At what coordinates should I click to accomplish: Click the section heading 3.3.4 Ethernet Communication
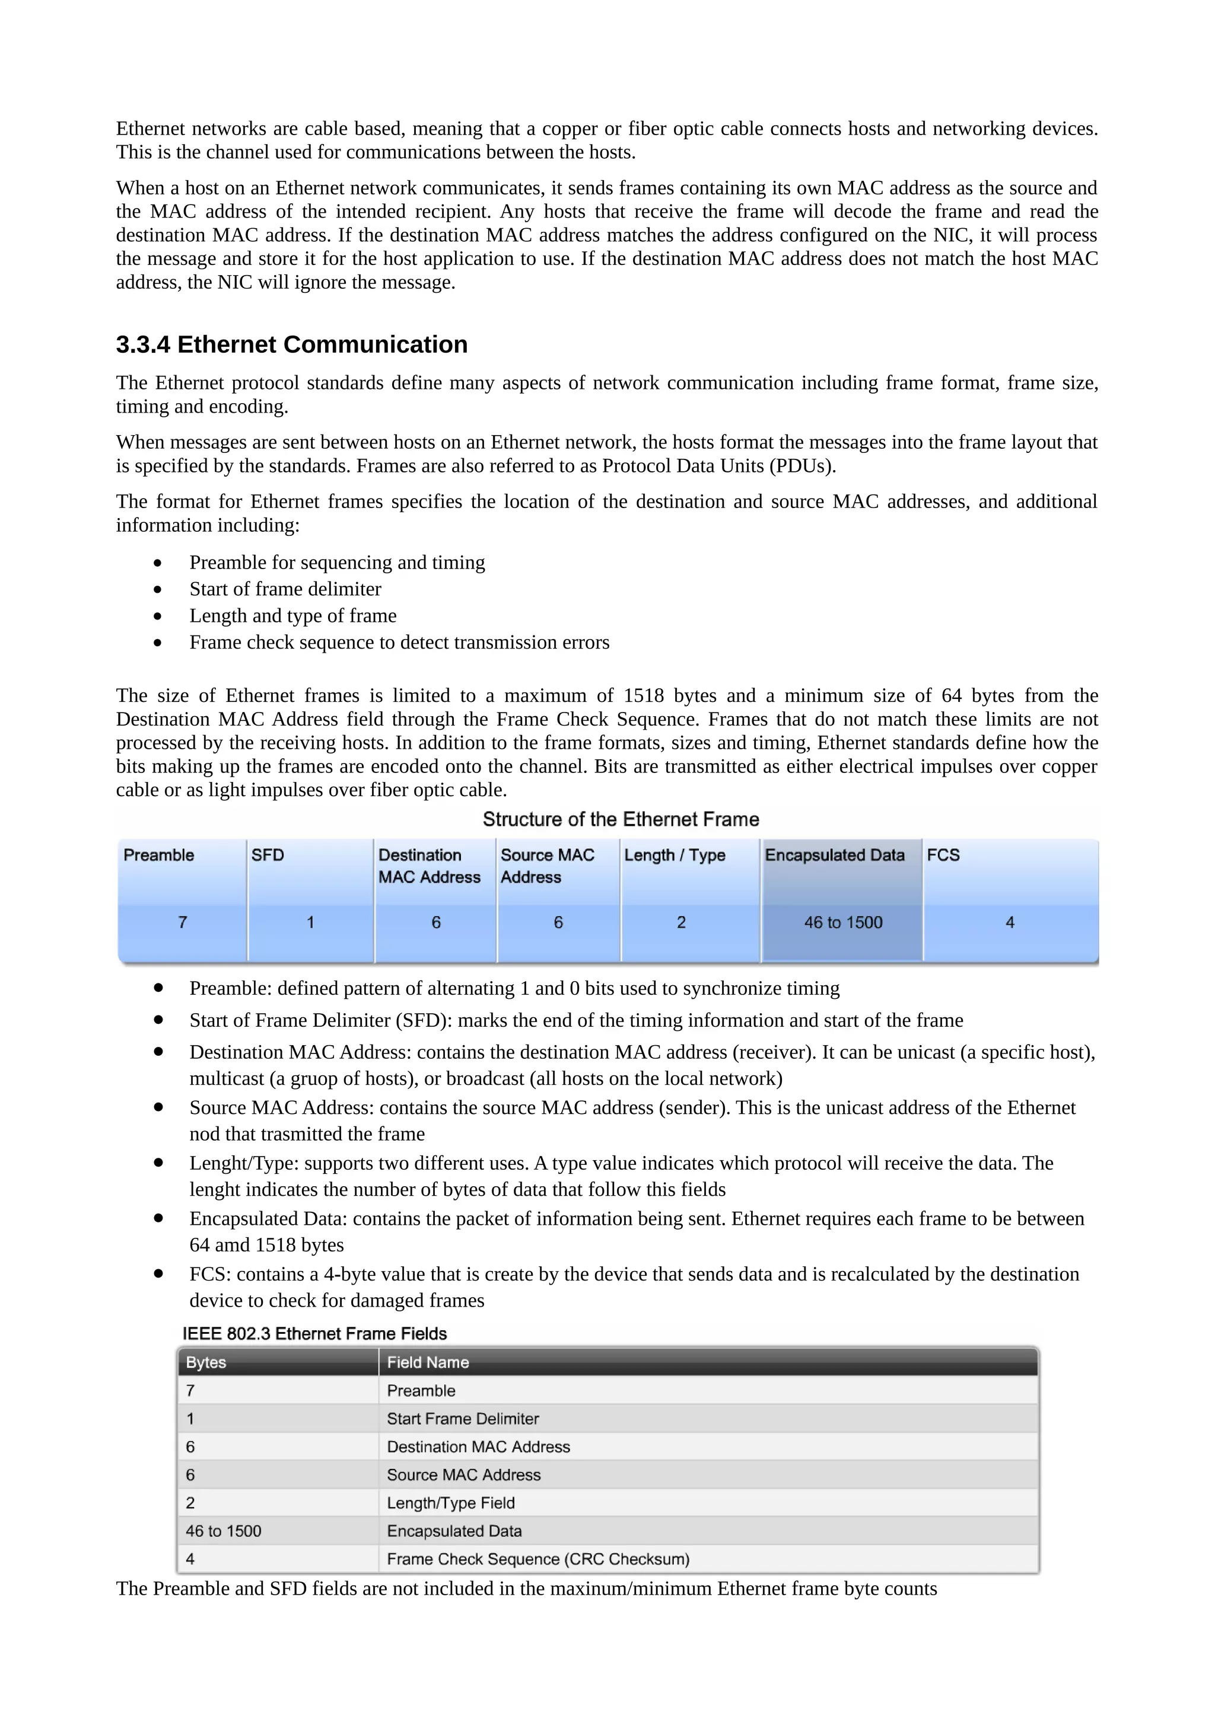[x=291, y=344]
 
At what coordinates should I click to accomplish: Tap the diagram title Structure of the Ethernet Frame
[x=621, y=819]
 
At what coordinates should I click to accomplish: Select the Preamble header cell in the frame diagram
[x=159, y=855]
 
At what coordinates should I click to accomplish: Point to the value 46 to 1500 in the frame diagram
[x=843, y=922]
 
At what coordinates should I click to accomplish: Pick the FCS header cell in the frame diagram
[x=943, y=855]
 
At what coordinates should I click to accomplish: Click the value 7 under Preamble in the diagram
[x=183, y=922]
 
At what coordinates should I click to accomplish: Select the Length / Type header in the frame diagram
[x=675, y=855]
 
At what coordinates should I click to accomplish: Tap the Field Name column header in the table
[x=428, y=1362]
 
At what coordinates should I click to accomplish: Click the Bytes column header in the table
[x=206, y=1362]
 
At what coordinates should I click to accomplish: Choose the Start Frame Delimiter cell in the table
[x=463, y=1419]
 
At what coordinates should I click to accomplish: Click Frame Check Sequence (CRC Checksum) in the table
[x=537, y=1559]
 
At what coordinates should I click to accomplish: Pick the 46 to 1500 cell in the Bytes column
[x=223, y=1531]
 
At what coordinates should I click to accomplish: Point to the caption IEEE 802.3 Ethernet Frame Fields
[x=314, y=1334]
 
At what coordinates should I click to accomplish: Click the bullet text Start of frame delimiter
[x=285, y=589]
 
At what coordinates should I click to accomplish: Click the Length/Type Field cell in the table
[x=451, y=1503]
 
